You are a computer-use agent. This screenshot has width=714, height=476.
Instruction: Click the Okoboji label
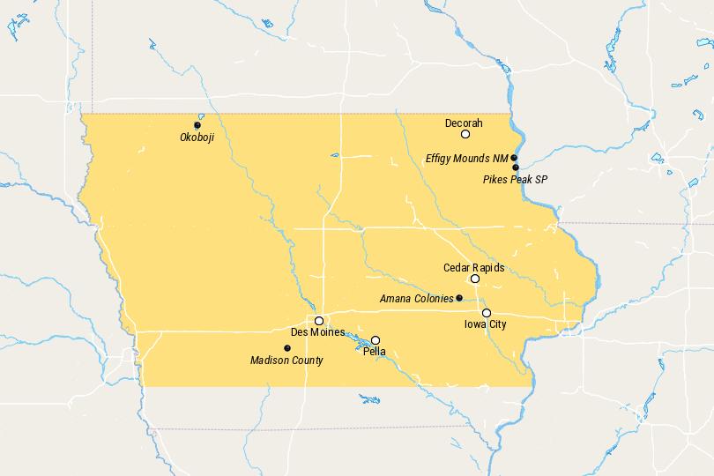[197, 138]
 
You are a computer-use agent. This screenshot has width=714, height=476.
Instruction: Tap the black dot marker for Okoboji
[197, 125]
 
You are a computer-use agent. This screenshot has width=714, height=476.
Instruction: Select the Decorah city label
[464, 123]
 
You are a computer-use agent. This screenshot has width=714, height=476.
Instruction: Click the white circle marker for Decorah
[465, 135]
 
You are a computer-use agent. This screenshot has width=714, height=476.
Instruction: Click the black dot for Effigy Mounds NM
[514, 158]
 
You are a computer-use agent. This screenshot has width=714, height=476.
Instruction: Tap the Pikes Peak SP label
[516, 179]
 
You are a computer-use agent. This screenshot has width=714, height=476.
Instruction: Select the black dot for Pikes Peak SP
[516, 167]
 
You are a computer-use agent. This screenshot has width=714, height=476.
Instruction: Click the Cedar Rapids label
[473, 266]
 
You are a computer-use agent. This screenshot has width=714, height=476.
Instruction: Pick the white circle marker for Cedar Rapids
[475, 279]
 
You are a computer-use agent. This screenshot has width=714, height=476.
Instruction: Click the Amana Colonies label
[416, 299]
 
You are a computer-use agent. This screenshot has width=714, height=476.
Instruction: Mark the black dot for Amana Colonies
[459, 298]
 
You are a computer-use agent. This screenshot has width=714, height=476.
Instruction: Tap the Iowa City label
[486, 324]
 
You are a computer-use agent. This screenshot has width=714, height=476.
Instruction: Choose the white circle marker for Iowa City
[487, 313]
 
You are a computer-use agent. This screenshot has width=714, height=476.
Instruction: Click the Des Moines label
[318, 332]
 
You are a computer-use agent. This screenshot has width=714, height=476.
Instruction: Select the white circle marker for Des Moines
[319, 321]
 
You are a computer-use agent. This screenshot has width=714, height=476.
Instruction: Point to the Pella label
[374, 352]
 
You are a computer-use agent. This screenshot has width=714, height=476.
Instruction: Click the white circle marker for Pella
[376, 340]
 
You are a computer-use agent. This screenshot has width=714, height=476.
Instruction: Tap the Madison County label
[286, 360]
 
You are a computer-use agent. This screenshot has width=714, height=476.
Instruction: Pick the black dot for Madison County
[287, 348]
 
